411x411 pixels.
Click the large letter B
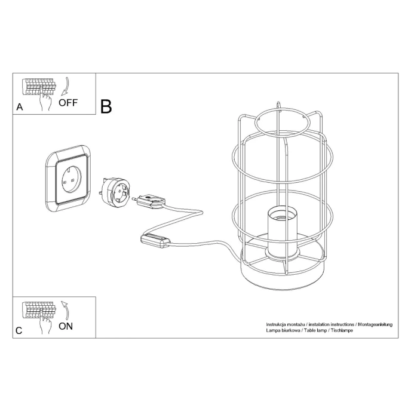[x=106, y=106]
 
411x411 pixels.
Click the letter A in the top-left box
[x=20, y=108]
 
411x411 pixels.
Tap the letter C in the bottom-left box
[x=20, y=330]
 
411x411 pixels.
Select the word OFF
[x=68, y=102]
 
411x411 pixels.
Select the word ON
[x=66, y=326]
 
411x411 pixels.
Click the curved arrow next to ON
[x=66, y=310]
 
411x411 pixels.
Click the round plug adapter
[x=115, y=192]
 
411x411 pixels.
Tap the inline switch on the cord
[x=157, y=240]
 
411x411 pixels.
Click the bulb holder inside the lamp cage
[x=281, y=232]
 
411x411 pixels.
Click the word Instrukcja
[x=278, y=323]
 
